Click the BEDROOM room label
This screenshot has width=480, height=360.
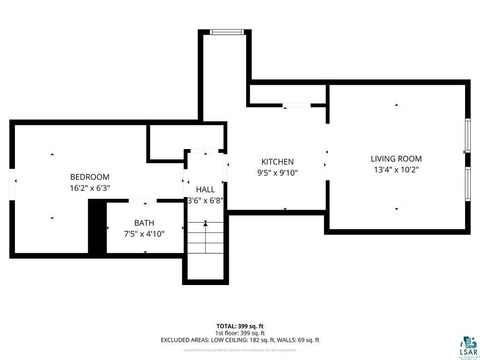pyautogui.click(x=89, y=177)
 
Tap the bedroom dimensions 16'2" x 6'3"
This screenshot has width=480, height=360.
pyautogui.click(x=89, y=188)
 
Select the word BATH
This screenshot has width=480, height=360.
pyautogui.click(x=144, y=222)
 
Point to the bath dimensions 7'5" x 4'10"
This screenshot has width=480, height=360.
pyautogui.click(x=144, y=233)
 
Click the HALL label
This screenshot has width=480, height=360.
pyautogui.click(x=205, y=189)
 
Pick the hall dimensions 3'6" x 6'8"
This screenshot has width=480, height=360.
pyautogui.click(x=205, y=200)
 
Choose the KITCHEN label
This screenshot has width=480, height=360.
pyautogui.click(x=277, y=161)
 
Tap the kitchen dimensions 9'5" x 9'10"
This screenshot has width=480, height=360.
pyautogui.click(x=277, y=172)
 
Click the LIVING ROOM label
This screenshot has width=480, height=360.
pyautogui.click(x=396, y=158)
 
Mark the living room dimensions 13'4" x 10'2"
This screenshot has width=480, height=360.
pyautogui.click(x=396, y=170)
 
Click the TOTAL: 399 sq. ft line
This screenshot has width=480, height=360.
pyautogui.click(x=240, y=326)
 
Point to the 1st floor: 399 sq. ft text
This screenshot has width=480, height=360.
pyautogui.click(x=240, y=333)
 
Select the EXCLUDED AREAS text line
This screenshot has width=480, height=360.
pyautogui.click(x=240, y=340)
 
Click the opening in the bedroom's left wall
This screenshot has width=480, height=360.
pyautogui.click(x=13, y=187)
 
